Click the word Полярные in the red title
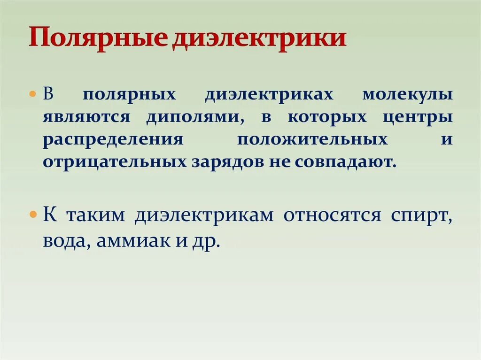click(x=96, y=38)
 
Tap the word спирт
click(x=421, y=216)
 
